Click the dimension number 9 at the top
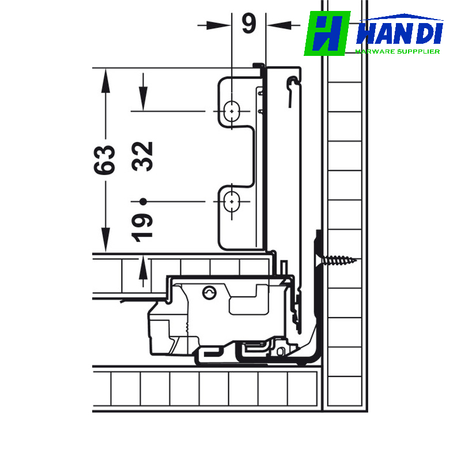click(249, 23)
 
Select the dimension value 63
click(104, 160)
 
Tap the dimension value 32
click(142, 156)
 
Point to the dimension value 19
click(142, 228)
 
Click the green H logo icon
click(327, 33)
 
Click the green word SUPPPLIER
click(418, 51)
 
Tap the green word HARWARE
click(375, 51)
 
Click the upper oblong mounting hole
click(232, 111)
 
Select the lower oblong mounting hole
click(232, 201)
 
